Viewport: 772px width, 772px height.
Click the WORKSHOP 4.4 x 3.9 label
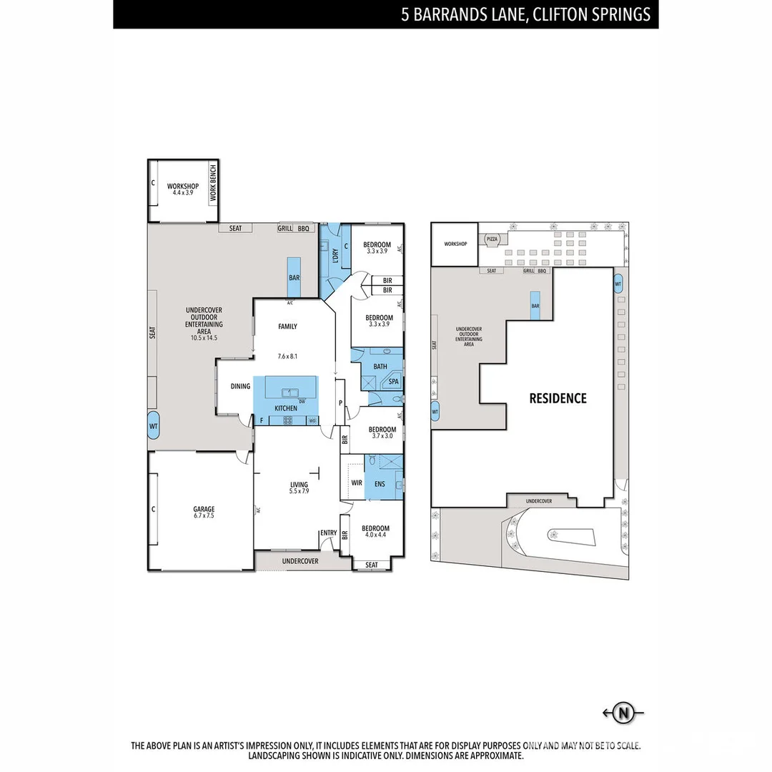(x=183, y=189)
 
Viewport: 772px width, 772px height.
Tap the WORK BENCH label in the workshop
(x=212, y=183)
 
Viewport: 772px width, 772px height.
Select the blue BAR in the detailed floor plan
(x=294, y=277)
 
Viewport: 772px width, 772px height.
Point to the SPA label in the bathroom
(x=393, y=382)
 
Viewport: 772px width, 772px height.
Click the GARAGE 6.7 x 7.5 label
(x=204, y=512)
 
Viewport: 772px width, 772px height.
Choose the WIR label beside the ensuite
(x=357, y=482)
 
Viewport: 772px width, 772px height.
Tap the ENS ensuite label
(x=379, y=484)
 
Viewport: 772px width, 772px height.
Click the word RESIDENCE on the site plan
(x=558, y=398)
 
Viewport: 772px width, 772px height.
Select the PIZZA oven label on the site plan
(x=493, y=239)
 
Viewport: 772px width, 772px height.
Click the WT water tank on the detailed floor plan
(x=153, y=426)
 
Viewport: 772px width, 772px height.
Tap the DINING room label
(x=240, y=386)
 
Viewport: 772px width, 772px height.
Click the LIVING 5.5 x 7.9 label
(x=299, y=488)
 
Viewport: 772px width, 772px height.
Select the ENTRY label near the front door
(x=328, y=533)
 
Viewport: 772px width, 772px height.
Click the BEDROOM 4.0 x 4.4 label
(x=376, y=531)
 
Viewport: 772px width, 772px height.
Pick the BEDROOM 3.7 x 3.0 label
(x=382, y=432)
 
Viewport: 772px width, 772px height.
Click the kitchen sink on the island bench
(x=290, y=392)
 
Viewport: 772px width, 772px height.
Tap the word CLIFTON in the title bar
(x=561, y=14)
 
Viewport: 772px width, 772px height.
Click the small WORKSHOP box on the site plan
(x=455, y=244)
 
